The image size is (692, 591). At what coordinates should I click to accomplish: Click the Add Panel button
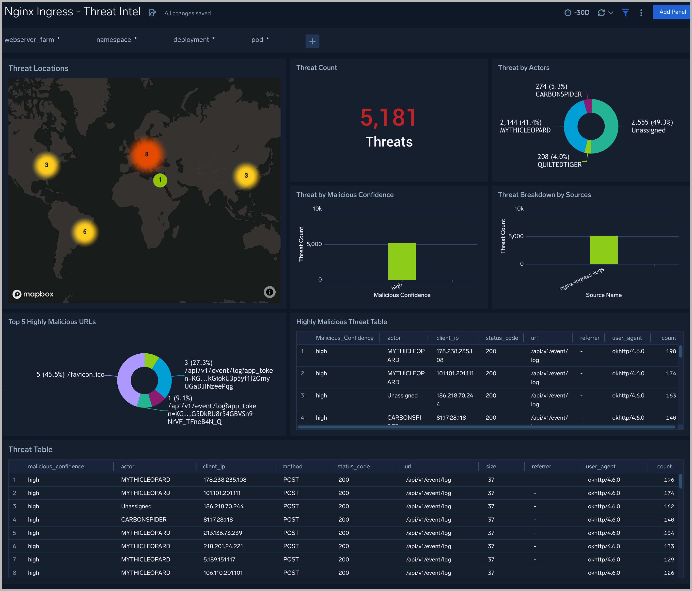click(x=672, y=12)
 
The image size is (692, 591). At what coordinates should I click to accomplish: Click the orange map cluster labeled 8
click(x=147, y=154)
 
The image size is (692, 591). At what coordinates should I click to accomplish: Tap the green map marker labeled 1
click(x=160, y=180)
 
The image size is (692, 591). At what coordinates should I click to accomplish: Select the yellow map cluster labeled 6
click(x=85, y=232)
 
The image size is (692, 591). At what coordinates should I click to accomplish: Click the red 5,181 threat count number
click(x=388, y=118)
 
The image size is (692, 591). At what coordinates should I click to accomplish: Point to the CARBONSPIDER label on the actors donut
click(x=558, y=94)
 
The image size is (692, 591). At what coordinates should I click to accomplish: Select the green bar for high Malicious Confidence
click(x=402, y=262)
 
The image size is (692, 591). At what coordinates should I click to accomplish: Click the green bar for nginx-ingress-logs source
click(x=603, y=250)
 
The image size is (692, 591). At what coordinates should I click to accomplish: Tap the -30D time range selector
click(x=577, y=13)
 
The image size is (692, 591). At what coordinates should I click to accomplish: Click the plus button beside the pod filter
click(x=312, y=41)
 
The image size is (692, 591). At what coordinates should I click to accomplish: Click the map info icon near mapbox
click(x=269, y=292)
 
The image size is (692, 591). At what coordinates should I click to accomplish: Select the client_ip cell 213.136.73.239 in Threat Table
click(x=222, y=533)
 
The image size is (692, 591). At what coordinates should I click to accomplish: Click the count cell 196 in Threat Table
click(x=669, y=480)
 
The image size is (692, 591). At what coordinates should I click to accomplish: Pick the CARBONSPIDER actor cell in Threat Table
click(x=144, y=520)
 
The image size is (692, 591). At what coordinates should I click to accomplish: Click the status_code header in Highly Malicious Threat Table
click(x=502, y=338)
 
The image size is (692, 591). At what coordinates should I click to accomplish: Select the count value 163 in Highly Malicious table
click(x=671, y=395)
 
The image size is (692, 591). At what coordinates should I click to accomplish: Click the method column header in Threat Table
click(x=292, y=466)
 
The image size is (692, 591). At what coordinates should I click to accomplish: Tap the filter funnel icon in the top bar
click(x=626, y=13)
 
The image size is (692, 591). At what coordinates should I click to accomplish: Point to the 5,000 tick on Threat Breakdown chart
click(x=516, y=236)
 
